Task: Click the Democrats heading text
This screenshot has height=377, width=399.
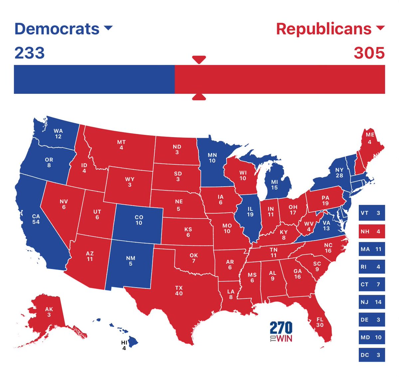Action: click(x=57, y=29)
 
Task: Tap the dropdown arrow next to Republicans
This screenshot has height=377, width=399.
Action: click(x=380, y=28)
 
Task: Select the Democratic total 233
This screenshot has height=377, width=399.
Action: click(x=30, y=53)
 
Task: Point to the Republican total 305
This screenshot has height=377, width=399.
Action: click(x=369, y=53)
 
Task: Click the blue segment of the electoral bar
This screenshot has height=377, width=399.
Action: click(x=94, y=79)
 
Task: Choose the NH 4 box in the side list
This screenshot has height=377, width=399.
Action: click(x=371, y=231)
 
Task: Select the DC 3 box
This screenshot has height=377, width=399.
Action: click(x=371, y=355)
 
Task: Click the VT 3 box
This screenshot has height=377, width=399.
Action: click(x=371, y=213)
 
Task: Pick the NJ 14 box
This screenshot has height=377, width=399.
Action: click(x=371, y=302)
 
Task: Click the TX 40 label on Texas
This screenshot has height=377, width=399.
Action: click(x=179, y=290)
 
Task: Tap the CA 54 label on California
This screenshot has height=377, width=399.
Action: click(x=36, y=219)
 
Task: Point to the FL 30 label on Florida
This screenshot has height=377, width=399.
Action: click(x=320, y=322)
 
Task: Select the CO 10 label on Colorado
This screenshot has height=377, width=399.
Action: click(x=139, y=220)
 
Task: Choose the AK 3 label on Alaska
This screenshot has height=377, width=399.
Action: click(x=49, y=312)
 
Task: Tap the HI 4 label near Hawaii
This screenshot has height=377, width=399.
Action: click(x=124, y=345)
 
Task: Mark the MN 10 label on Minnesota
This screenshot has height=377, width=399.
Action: click(x=212, y=158)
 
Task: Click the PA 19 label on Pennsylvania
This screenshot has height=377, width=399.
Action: click(x=325, y=200)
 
